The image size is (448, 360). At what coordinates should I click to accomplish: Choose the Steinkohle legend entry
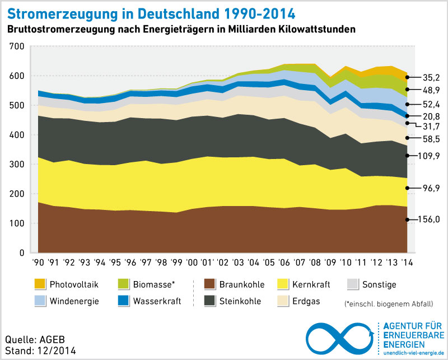click(240, 301)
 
